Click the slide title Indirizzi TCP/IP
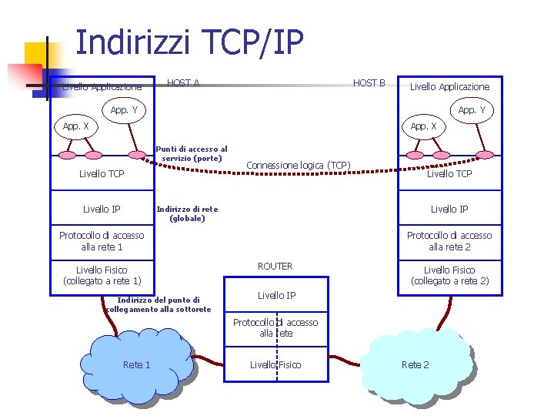pos(189,42)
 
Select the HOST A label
pos(183,82)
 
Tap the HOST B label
pos(369,82)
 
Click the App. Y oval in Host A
pos(124,110)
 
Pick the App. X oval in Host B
pos(423,126)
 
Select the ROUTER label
pos(275,267)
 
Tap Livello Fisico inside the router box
pos(275,364)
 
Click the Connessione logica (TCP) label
pos(299,166)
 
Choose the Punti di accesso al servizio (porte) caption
pos(192,153)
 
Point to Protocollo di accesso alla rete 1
pos(102,241)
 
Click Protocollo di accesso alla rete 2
pos(449,241)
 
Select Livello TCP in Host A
pos(102,174)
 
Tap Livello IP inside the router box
pos(276,295)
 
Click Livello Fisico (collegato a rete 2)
pos(449,275)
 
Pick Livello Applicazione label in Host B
pos(449,87)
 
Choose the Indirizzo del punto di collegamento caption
pos(159,304)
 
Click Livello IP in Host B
pos(449,209)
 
